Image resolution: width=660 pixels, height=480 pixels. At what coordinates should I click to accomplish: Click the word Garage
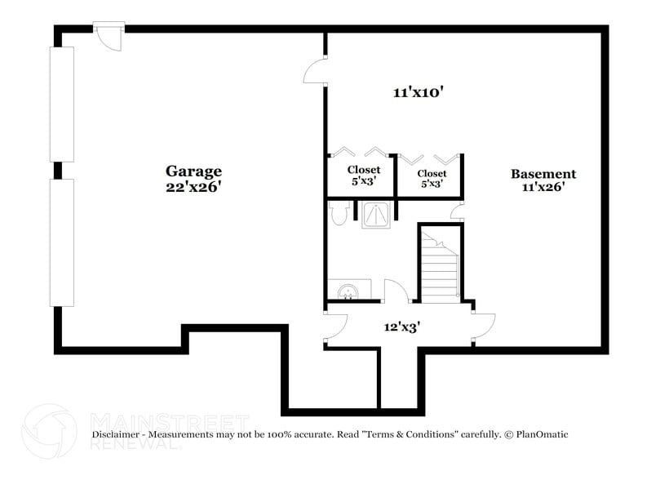193,171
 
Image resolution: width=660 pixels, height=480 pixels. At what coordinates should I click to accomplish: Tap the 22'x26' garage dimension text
193,186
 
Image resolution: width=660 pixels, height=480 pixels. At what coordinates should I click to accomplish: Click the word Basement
543,174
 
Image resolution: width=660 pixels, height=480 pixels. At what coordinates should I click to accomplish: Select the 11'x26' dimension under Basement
543,187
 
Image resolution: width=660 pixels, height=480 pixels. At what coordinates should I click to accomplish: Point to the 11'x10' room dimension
417,93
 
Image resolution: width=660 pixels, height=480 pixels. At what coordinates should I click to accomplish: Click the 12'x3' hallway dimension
402,327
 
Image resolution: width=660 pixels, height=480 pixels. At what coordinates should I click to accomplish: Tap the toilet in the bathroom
339,213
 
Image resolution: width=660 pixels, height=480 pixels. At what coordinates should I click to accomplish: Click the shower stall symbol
376,214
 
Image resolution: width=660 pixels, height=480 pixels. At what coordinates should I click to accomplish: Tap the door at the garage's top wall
109,35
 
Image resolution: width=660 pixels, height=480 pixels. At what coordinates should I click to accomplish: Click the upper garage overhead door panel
62,104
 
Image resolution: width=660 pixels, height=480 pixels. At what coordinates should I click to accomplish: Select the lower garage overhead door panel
62,242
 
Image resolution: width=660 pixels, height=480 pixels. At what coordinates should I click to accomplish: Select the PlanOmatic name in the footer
539,435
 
